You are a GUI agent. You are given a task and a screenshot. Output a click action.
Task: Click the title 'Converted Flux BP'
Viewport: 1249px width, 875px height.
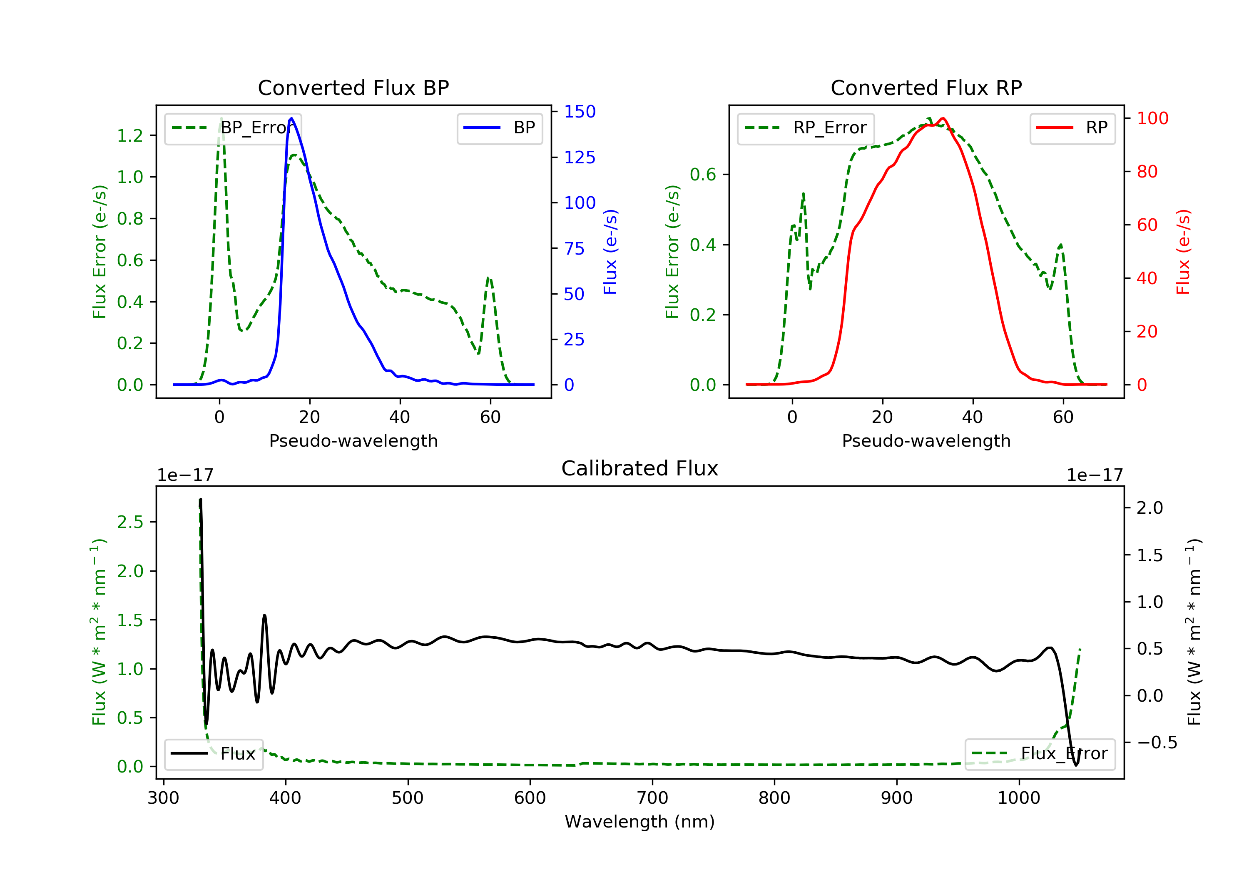tap(353, 87)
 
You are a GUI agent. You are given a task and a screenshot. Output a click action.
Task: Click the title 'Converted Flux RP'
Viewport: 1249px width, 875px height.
tap(926, 87)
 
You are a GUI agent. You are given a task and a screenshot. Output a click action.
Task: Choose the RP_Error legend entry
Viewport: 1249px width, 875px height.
tap(806, 128)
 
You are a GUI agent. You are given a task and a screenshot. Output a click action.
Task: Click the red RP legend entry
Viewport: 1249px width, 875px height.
tap(1072, 128)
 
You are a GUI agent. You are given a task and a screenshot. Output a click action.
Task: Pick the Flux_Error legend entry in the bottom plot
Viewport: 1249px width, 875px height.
tap(1040, 754)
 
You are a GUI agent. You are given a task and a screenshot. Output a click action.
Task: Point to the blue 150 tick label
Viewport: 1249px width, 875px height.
tap(580, 112)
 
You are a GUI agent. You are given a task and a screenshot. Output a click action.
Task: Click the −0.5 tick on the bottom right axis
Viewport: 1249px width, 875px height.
tap(1157, 742)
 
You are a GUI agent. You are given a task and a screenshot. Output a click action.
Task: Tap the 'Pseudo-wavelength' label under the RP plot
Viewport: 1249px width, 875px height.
tap(926, 440)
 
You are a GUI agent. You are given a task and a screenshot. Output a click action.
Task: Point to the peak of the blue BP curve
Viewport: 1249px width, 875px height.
tap(291, 118)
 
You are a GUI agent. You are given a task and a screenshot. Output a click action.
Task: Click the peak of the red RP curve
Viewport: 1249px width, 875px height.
tap(943, 119)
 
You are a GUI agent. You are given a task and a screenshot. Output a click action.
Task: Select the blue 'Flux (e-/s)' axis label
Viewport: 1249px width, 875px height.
tap(610, 252)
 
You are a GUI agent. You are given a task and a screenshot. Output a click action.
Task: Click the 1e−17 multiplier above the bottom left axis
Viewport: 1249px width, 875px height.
tap(185, 475)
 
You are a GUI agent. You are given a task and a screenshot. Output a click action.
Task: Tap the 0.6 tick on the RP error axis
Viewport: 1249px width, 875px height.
tap(703, 175)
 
